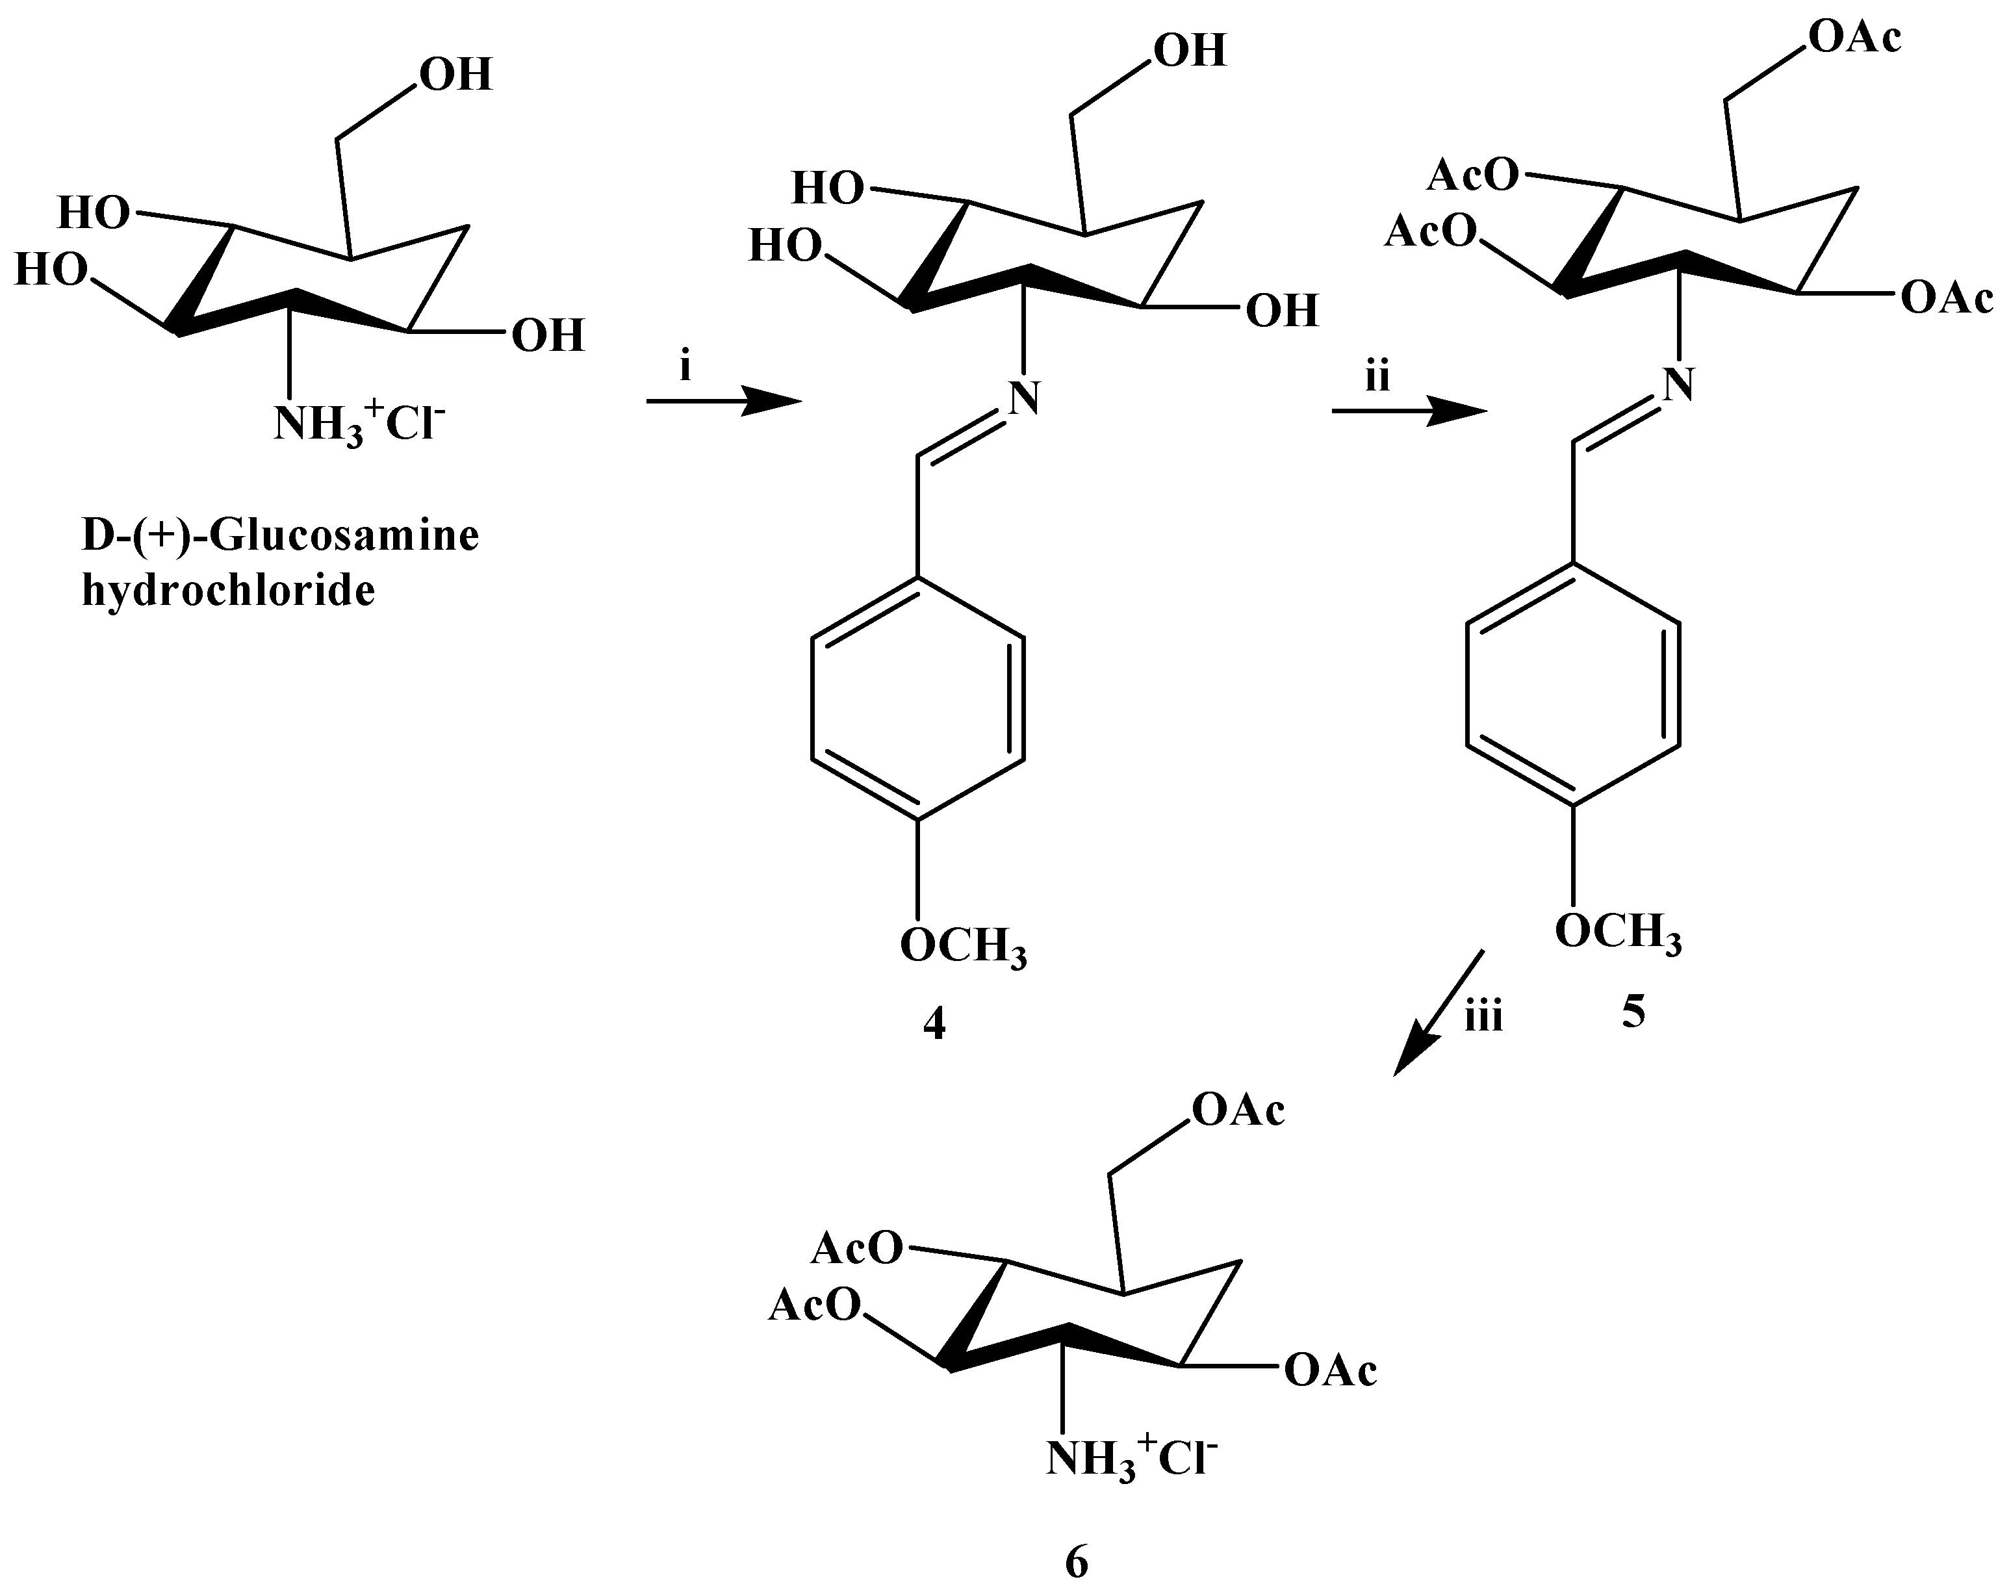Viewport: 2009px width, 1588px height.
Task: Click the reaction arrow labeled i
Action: [x=723, y=402]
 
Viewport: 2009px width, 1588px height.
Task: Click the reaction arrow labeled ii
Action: [x=1409, y=412]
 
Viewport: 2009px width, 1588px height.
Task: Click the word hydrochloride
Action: [x=229, y=589]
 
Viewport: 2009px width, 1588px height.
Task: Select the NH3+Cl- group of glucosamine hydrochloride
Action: [x=359, y=423]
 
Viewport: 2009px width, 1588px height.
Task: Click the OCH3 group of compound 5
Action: [x=1619, y=930]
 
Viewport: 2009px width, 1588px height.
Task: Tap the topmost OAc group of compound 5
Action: [x=1854, y=37]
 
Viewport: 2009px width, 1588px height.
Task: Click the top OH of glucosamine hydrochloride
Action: [x=455, y=74]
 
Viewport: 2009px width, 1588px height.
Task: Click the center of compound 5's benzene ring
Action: [x=1573, y=684]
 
